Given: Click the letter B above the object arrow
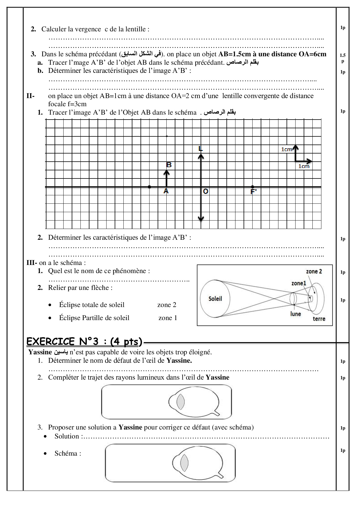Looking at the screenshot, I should pyautogui.click(x=169, y=165).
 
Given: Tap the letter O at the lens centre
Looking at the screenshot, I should pyautogui.click(x=206, y=191).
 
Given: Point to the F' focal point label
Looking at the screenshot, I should pyautogui.click(x=253, y=192).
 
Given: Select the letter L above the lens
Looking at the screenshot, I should pyautogui.click(x=200, y=149).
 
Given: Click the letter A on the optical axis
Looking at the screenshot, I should pyautogui.click(x=166, y=191).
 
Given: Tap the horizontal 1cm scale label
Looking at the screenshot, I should pyautogui.click(x=304, y=166).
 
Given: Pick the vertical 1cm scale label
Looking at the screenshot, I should pyautogui.click(x=287, y=149).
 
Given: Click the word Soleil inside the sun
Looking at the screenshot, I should pyautogui.click(x=215, y=299).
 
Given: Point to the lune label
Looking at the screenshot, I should pyautogui.click(x=296, y=314).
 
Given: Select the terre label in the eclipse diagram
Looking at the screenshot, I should pyautogui.click(x=319, y=319).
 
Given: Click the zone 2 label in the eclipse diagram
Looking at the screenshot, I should pyautogui.click(x=314, y=271).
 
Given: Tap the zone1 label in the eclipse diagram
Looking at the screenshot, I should pyautogui.click(x=299, y=283).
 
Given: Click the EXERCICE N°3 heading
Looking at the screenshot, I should pyautogui.click(x=84, y=342).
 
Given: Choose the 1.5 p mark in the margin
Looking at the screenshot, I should pyautogui.click(x=343, y=57).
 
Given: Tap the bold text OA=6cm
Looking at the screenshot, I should pyautogui.click(x=312, y=54).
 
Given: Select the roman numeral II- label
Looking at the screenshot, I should pyautogui.click(x=30, y=96).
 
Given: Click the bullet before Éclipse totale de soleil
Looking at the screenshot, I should pyautogui.click(x=50, y=305).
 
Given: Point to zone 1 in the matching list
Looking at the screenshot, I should pyautogui.click(x=168, y=318).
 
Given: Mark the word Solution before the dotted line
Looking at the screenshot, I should pyautogui.click(x=67, y=436).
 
